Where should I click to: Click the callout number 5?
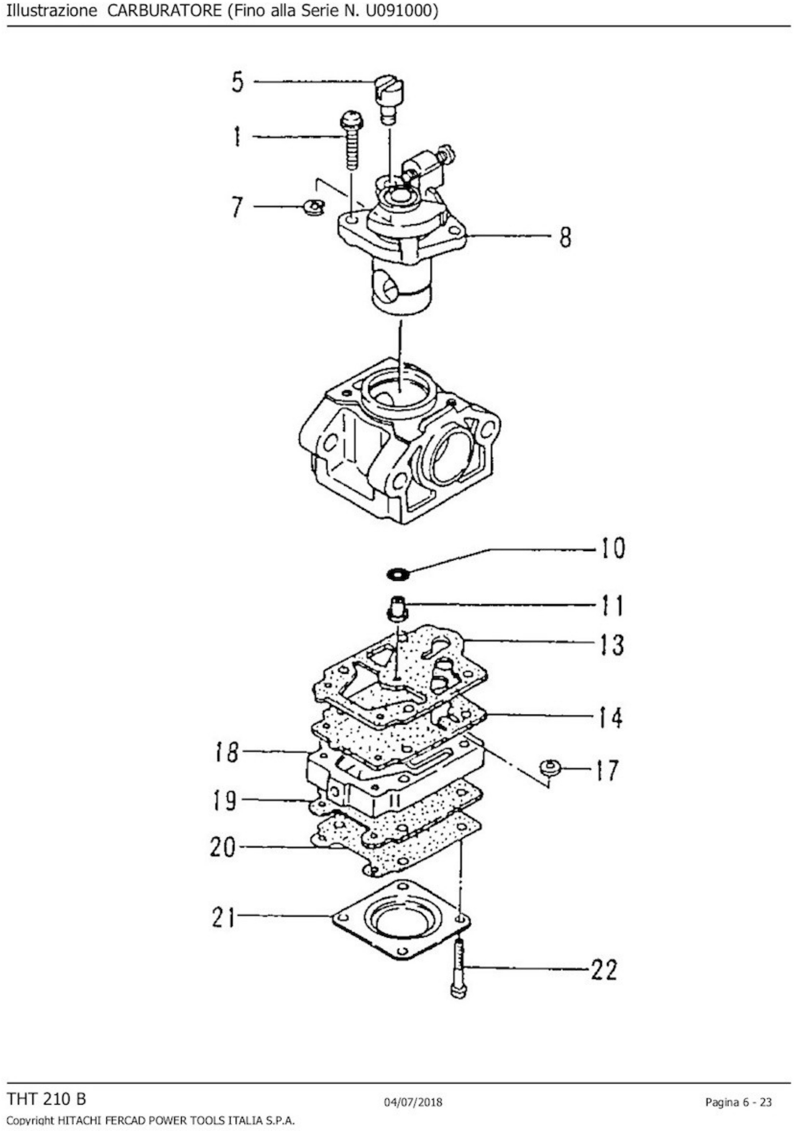pos(238,82)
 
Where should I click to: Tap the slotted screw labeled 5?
pos(389,99)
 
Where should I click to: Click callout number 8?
pos(565,237)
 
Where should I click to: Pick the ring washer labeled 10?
pos(397,573)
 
